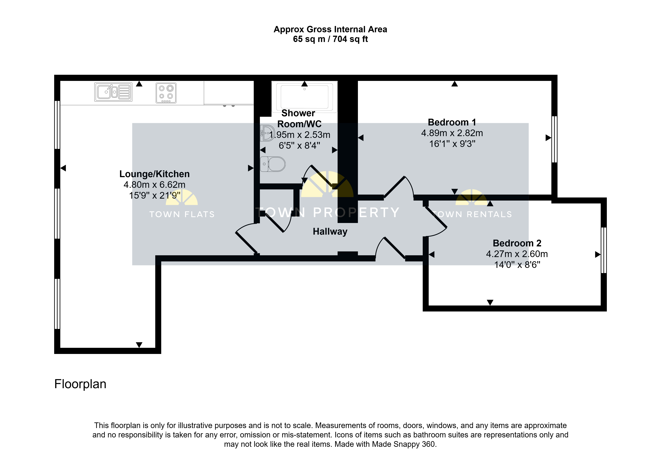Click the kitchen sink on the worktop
click(113, 92)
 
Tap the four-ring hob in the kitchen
click(166, 93)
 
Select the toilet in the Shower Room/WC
click(273, 164)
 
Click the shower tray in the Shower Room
click(305, 96)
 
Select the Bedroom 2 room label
click(517, 243)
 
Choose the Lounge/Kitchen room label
click(155, 174)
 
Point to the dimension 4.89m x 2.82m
click(452, 133)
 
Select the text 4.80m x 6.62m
click(155, 185)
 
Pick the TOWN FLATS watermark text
click(182, 214)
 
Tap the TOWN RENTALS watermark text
click(472, 214)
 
